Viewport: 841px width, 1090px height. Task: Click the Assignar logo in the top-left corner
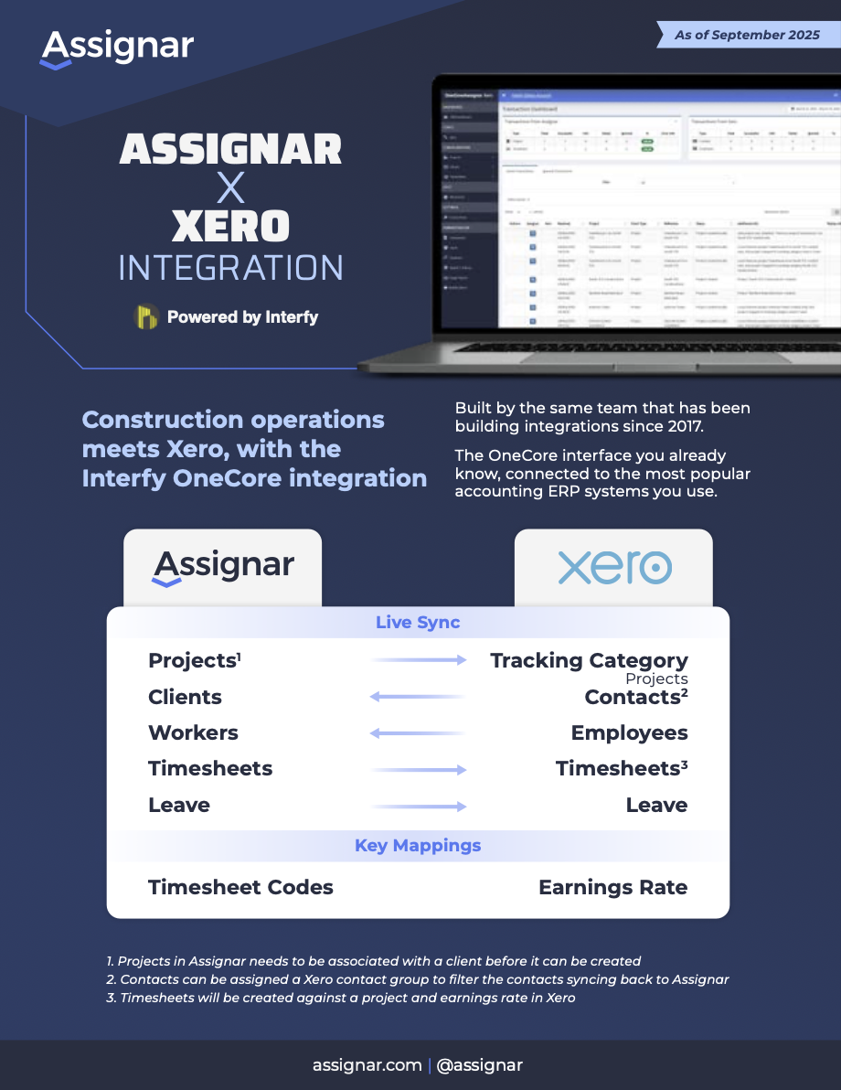117,48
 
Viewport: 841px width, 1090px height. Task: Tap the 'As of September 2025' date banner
748,35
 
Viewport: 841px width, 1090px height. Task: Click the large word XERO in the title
230,227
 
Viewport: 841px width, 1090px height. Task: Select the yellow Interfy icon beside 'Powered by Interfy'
146,317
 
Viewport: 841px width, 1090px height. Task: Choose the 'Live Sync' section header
418,623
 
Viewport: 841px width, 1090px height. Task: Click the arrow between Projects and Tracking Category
419,660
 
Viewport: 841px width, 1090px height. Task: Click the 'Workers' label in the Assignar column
193,733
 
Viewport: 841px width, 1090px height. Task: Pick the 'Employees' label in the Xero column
629,733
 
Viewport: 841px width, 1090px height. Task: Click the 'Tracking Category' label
589,660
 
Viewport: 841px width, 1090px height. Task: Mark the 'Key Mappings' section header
418,846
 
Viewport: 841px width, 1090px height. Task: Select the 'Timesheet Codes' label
240,887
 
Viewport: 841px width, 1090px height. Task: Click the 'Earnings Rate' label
612,887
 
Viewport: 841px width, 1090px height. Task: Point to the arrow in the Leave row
419,806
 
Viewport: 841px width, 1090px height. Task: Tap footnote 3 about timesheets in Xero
341,998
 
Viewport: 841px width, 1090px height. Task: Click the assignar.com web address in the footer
367,1064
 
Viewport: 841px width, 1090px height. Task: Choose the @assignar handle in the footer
480,1064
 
